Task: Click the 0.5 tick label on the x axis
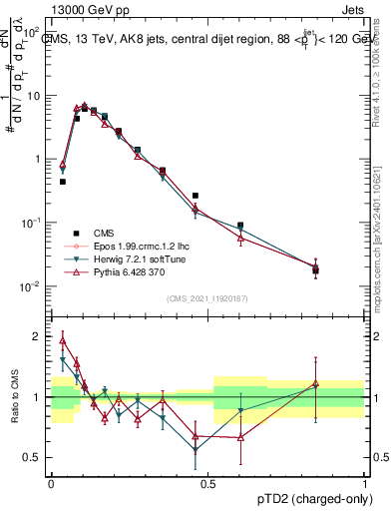tap(208, 481)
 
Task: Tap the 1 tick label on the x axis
tap(365, 481)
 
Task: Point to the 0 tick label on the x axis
tap(51, 481)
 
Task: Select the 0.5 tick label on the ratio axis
tap(34, 457)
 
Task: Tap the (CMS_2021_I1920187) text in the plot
tap(207, 298)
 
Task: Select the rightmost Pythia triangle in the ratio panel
tap(316, 383)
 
